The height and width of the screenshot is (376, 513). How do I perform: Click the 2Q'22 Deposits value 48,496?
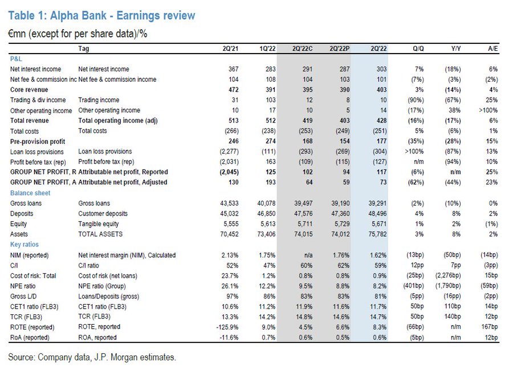374,213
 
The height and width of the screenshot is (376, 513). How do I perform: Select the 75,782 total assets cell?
374,234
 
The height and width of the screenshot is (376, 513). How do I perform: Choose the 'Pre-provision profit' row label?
38,141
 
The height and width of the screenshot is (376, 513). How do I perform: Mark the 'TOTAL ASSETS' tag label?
100,234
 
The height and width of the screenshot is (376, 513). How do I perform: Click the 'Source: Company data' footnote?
92,357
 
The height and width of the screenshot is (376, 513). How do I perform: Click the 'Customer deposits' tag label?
103,213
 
